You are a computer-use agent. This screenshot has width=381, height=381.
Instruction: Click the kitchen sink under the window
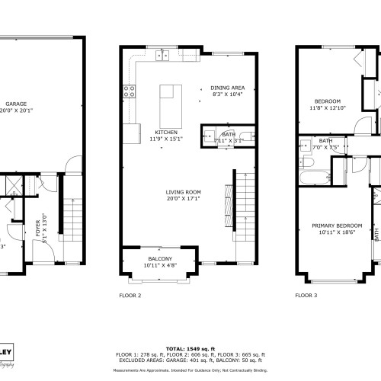162,55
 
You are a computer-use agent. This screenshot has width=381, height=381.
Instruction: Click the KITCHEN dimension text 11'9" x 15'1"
167,139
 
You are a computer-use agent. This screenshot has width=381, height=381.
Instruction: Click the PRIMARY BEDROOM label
336,226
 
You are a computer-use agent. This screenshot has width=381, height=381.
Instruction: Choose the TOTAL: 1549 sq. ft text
190,347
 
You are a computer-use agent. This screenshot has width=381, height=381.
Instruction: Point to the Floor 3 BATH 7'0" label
325,141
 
